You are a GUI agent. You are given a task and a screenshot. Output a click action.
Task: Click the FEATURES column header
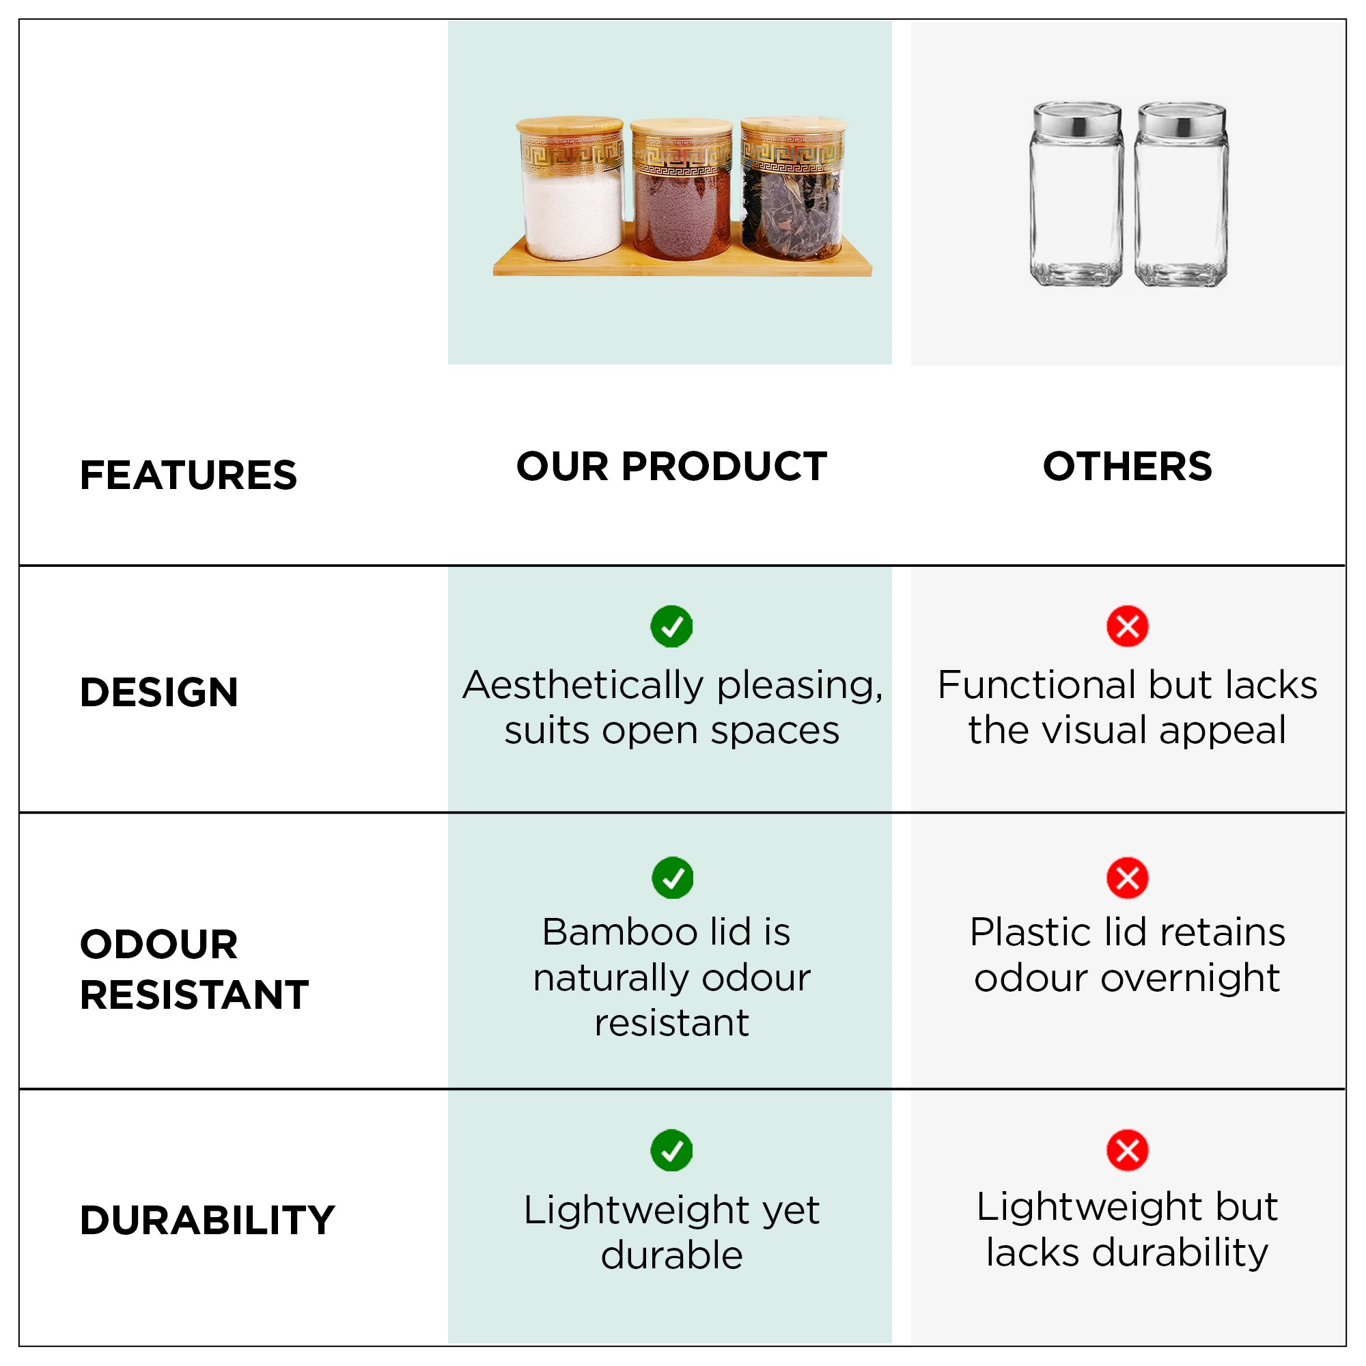tap(188, 475)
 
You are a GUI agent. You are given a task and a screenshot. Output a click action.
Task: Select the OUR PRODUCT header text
tap(671, 466)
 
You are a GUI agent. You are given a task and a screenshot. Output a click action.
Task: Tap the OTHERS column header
tap(1128, 466)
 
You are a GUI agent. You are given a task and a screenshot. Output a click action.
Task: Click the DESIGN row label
tap(159, 692)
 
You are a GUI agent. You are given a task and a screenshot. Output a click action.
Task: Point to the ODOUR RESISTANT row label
tap(195, 969)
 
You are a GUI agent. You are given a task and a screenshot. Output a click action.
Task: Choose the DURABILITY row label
tap(207, 1221)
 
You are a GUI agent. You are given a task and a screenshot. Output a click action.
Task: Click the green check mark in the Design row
tap(671, 626)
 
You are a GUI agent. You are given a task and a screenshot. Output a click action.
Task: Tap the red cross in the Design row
tap(1128, 626)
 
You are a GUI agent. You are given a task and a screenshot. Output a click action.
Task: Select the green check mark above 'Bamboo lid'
tap(672, 878)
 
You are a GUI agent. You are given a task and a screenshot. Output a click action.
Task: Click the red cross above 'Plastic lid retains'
tap(1128, 878)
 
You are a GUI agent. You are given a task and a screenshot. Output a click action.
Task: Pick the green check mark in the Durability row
tap(671, 1150)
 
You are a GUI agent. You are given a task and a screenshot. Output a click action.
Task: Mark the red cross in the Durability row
tap(1128, 1150)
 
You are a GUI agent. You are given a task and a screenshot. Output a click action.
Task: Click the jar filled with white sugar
tap(571, 189)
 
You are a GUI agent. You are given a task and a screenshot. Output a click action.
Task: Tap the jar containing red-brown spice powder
tap(682, 189)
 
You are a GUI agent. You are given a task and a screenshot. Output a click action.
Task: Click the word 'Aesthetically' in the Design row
tap(583, 686)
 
